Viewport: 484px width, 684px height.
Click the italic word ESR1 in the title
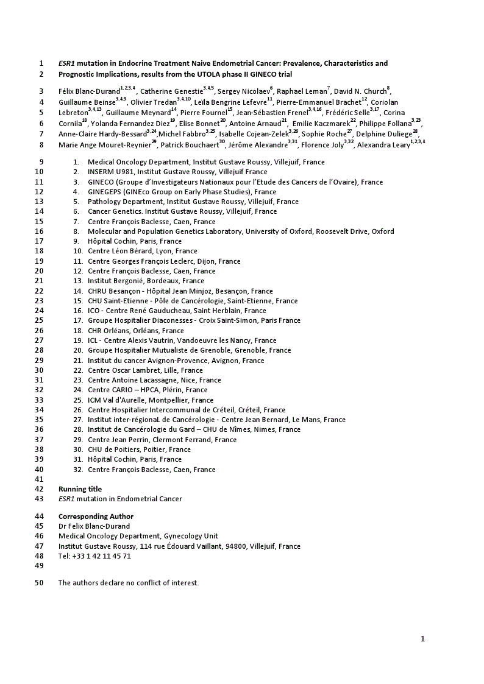(x=66, y=63)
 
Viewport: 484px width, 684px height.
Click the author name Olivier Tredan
(x=153, y=102)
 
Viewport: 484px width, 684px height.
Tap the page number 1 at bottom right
(x=422, y=638)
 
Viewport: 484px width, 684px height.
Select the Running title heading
(x=80, y=489)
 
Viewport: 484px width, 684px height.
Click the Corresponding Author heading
(x=96, y=517)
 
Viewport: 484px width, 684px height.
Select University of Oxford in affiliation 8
(x=278, y=231)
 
